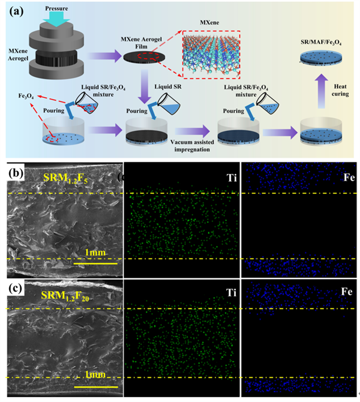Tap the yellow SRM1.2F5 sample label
point(68,178)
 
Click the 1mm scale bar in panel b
point(95,258)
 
